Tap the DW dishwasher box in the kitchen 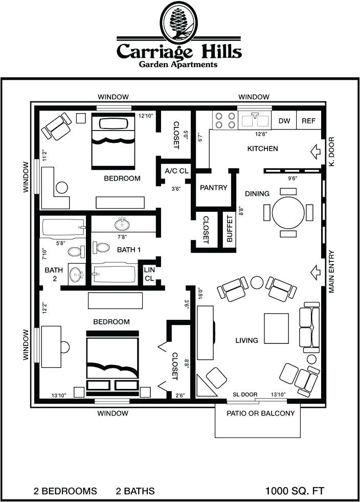[x=284, y=121]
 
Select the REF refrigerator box [x=308, y=121]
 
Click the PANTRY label [x=213, y=188]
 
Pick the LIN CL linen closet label [x=149, y=274]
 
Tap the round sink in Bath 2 [x=76, y=274]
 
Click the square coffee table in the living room [x=276, y=327]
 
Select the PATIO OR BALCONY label [x=261, y=413]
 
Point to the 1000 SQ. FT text [x=294, y=491]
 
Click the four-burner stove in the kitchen [x=223, y=120]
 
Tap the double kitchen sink [x=255, y=120]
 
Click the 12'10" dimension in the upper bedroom [x=146, y=116]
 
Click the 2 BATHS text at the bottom [x=135, y=491]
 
